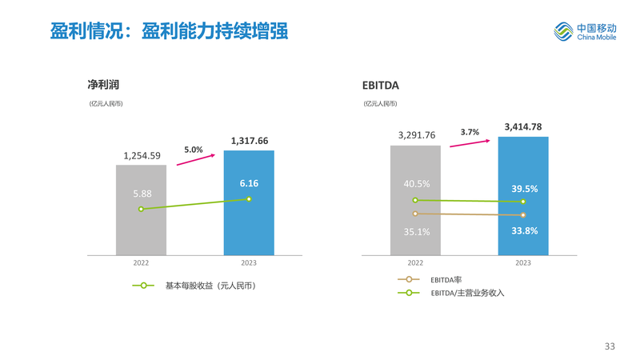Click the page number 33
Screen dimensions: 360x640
[610, 346]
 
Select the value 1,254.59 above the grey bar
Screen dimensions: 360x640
[142, 155]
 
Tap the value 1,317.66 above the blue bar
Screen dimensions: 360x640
[249, 141]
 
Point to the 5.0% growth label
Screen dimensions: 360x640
[194, 149]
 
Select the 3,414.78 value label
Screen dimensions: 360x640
[523, 126]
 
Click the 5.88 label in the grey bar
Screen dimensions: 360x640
[142, 194]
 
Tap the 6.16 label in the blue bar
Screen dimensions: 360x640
[249, 183]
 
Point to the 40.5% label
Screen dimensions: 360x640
[416, 183]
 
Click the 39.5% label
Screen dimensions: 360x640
[524, 189]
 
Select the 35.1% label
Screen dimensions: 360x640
[416, 231]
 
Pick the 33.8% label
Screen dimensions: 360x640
[524, 230]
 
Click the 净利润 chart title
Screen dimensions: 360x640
[103, 84]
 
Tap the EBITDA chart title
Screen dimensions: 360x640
[381, 85]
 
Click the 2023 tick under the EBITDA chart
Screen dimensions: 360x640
[523, 262]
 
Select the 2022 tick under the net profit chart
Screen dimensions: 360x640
[141, 262]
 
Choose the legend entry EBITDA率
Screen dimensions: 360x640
[446, 279]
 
